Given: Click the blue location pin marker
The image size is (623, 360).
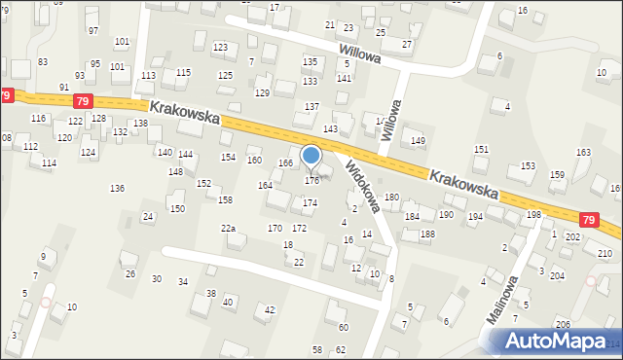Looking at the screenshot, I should coord(311,156).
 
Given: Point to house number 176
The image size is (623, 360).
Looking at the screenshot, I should coord(312,181).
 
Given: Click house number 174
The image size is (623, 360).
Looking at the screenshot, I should coord(310,202).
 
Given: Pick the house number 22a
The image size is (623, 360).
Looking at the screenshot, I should coord(228,228).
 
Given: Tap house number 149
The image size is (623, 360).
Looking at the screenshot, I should coord(419,141).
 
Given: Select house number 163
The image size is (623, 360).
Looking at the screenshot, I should coord(583,153).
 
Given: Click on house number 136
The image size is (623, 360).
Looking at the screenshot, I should coord(117,188).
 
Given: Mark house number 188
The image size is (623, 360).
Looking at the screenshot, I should coord(427,234).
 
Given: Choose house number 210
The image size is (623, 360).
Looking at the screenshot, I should coord(605,254).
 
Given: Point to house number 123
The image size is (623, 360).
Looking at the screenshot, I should coord(220,47).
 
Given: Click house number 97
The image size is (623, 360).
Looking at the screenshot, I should coord(93,31).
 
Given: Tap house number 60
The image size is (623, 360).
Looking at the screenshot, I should coord(343,327).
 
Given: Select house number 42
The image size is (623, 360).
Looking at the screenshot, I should coord(270,309).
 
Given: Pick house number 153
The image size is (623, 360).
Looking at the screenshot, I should coord(528,166).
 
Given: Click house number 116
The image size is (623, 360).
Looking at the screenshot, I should coord(38,118).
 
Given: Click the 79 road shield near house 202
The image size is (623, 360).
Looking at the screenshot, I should coord(589,221).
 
